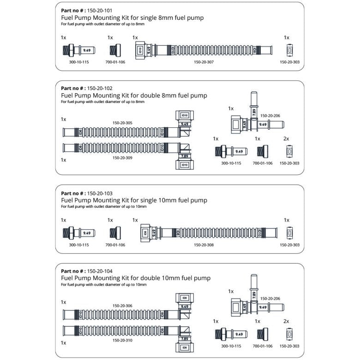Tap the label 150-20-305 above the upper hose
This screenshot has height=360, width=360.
click(x=122, y=123)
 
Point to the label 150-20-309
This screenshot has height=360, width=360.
click(x=122, y=158)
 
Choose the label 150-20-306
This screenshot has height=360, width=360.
click(x=122, y=306)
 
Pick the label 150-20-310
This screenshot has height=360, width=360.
click(x=122, y=341)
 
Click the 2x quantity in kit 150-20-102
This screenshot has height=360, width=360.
click(x=286, y=138)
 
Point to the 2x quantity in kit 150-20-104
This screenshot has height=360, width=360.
click(x=286, y=321)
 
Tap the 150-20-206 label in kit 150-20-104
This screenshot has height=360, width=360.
click(x=270, y=298)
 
